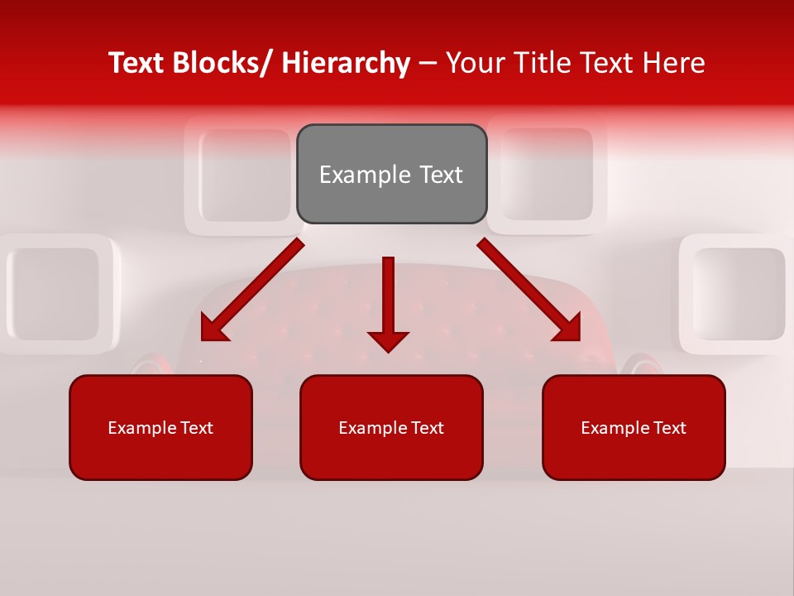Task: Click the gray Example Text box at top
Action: tap(391, 174)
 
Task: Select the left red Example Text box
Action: tap(160, 427)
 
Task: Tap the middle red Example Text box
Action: tap(391, 427)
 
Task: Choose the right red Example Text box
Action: tap(634, 427)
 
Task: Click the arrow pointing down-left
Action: tap(252, 290)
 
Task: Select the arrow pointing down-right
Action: tap(529, 290)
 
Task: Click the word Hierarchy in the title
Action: tap(346, 63)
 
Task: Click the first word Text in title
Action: tap(136, 63)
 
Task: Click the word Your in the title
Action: tap(475, 63)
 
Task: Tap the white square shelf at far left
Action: tap(54, 294)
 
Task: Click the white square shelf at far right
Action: tap(736, 294)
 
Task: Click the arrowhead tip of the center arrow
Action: tap(388, 349)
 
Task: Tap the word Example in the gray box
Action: tap(352, 175)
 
